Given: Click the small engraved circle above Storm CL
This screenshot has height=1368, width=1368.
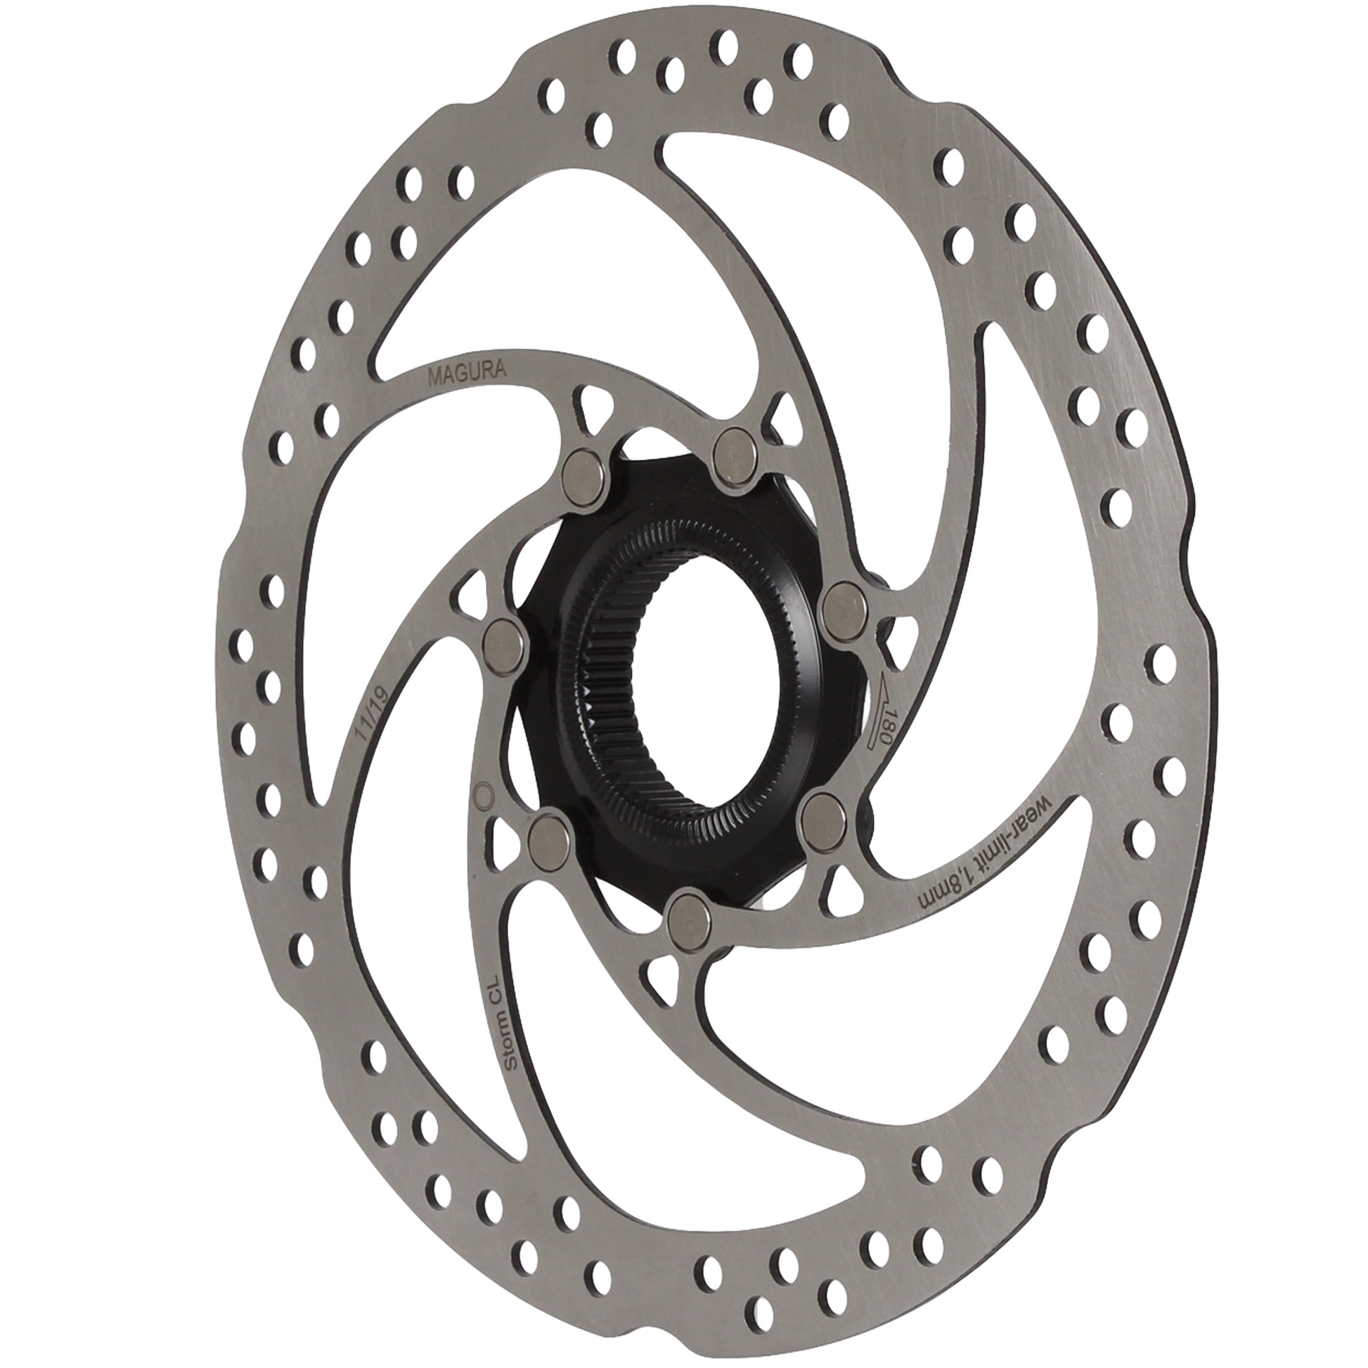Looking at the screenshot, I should coord(483,793).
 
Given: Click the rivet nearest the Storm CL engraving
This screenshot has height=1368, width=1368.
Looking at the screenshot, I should coord(550,838).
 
